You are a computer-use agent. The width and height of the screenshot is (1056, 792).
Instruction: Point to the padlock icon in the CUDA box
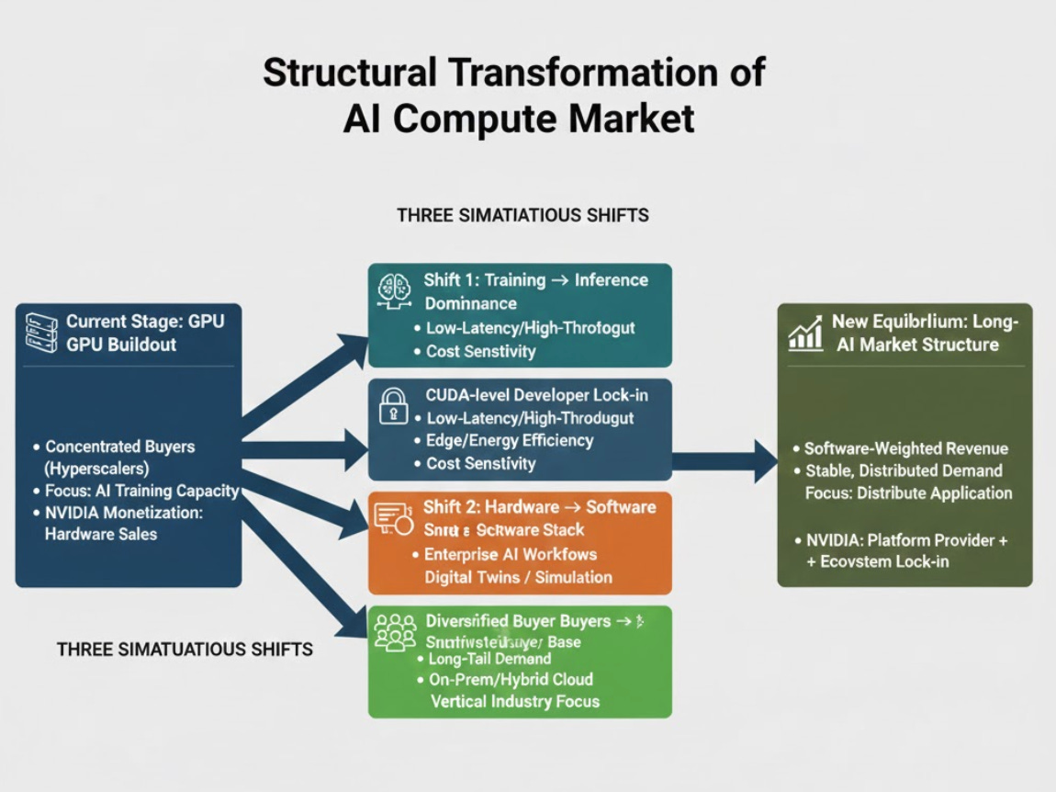click(x=394, y=405)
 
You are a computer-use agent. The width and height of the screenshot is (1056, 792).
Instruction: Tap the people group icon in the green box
click(x=395, y=632)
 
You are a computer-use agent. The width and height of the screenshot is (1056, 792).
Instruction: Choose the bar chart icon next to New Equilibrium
click(x=805, y=334)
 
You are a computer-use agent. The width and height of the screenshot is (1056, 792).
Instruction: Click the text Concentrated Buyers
click(x=119, y=447)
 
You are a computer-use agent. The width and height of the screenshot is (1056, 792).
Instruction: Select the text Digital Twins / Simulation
click(x=518, y=577)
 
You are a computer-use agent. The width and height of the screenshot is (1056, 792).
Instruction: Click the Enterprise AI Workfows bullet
click(x=511, y=554)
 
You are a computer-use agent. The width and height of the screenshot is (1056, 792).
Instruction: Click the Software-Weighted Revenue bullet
click(x=905, y=448)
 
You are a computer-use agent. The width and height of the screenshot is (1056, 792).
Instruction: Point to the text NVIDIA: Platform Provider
click(x=900, y=540)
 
